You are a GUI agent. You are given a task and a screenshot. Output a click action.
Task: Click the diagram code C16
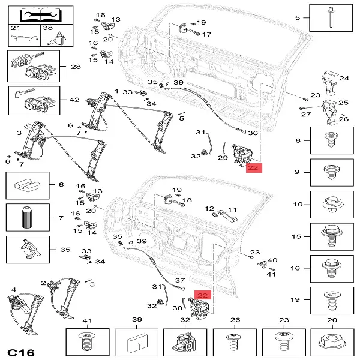22,349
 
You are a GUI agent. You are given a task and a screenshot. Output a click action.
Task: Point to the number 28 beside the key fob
75,67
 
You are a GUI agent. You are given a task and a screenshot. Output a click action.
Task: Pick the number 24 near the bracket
344,78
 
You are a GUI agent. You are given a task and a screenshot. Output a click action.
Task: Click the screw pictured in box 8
330,141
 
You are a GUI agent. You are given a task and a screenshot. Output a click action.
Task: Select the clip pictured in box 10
330,205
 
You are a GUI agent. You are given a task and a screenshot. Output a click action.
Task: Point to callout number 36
253,133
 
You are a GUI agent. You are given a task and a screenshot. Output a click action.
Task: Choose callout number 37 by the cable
179,281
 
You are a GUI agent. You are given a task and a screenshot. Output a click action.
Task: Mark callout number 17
206,34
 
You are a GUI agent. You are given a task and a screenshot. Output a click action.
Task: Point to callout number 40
272,260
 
